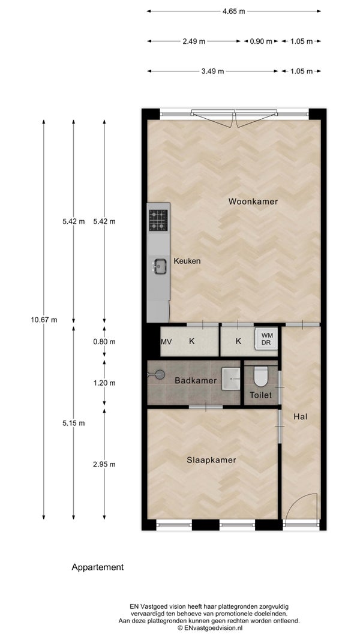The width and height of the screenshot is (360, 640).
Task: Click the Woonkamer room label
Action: click(253, 201)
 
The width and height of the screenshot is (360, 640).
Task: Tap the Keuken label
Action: click(187, 261)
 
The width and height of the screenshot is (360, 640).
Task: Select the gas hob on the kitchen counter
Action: click(158, 220)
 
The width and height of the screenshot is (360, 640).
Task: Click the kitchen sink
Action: click(160, 266)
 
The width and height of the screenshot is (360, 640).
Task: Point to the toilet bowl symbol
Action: click(260, 376)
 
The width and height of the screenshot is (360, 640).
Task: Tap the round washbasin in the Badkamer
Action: click(158, 374)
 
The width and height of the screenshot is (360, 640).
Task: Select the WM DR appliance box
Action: click(266, 339)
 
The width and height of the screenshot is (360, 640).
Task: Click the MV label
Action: click(166, 342)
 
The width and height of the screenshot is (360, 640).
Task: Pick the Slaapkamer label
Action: click(211, 460)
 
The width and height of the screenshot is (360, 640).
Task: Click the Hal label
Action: click(300, 417)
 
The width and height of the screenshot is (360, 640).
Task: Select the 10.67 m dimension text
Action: click(44, 320)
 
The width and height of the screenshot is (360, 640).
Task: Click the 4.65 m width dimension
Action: click(234, 11)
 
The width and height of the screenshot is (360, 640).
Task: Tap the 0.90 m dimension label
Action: click(261, 41)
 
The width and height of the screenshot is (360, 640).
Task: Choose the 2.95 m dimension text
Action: click(104, 464)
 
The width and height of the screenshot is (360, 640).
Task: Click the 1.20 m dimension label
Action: click(104, 383)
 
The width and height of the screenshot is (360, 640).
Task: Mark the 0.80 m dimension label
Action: click(104, 342)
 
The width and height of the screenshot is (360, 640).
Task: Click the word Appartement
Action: click(98, 567)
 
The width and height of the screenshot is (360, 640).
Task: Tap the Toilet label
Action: click(261, 395)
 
